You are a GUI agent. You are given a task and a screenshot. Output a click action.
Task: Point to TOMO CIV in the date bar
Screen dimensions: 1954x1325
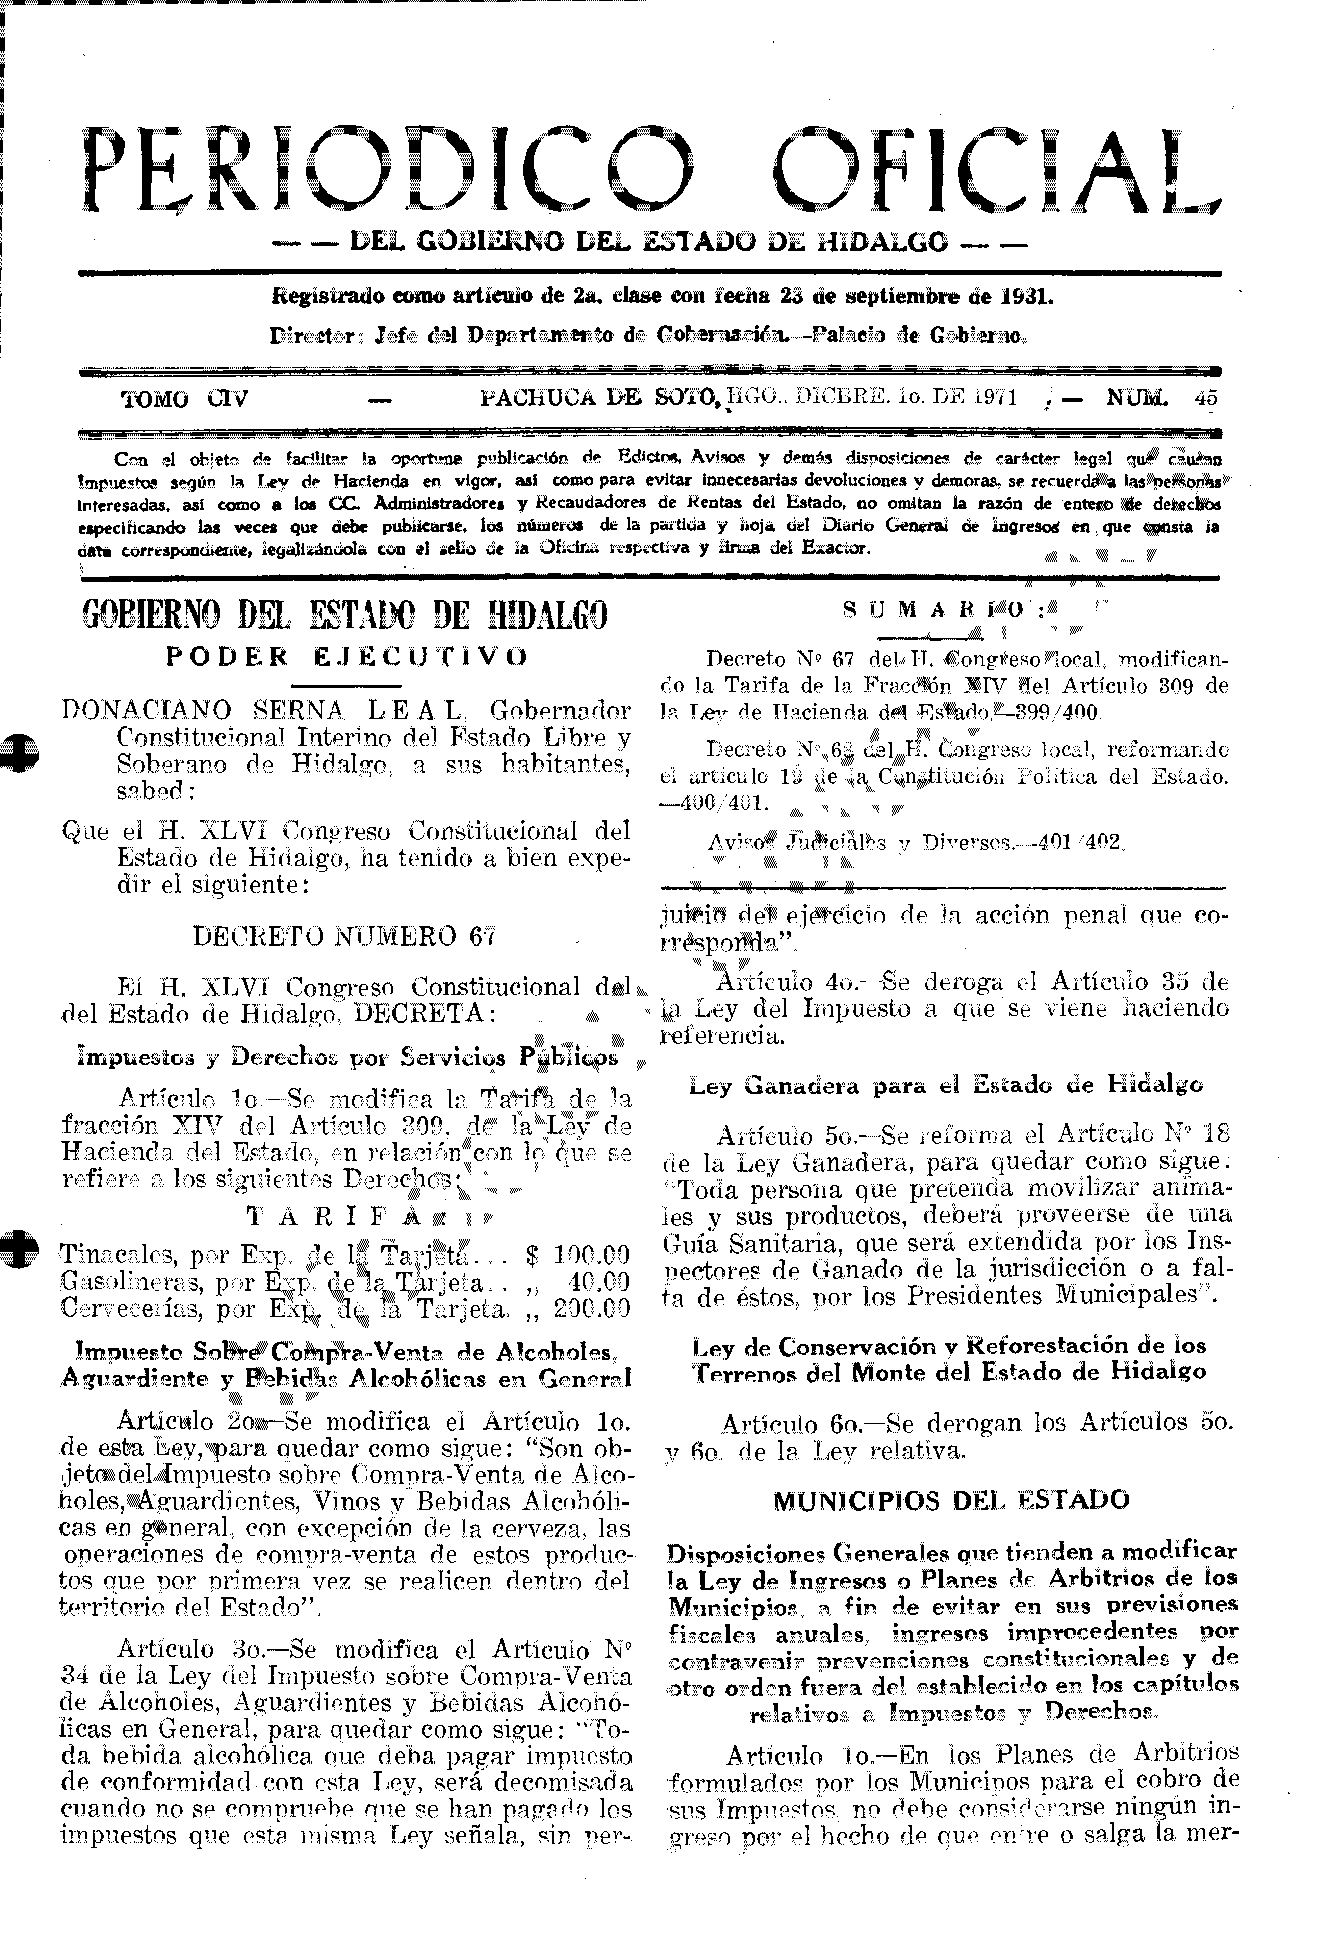(x=184, y=399)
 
